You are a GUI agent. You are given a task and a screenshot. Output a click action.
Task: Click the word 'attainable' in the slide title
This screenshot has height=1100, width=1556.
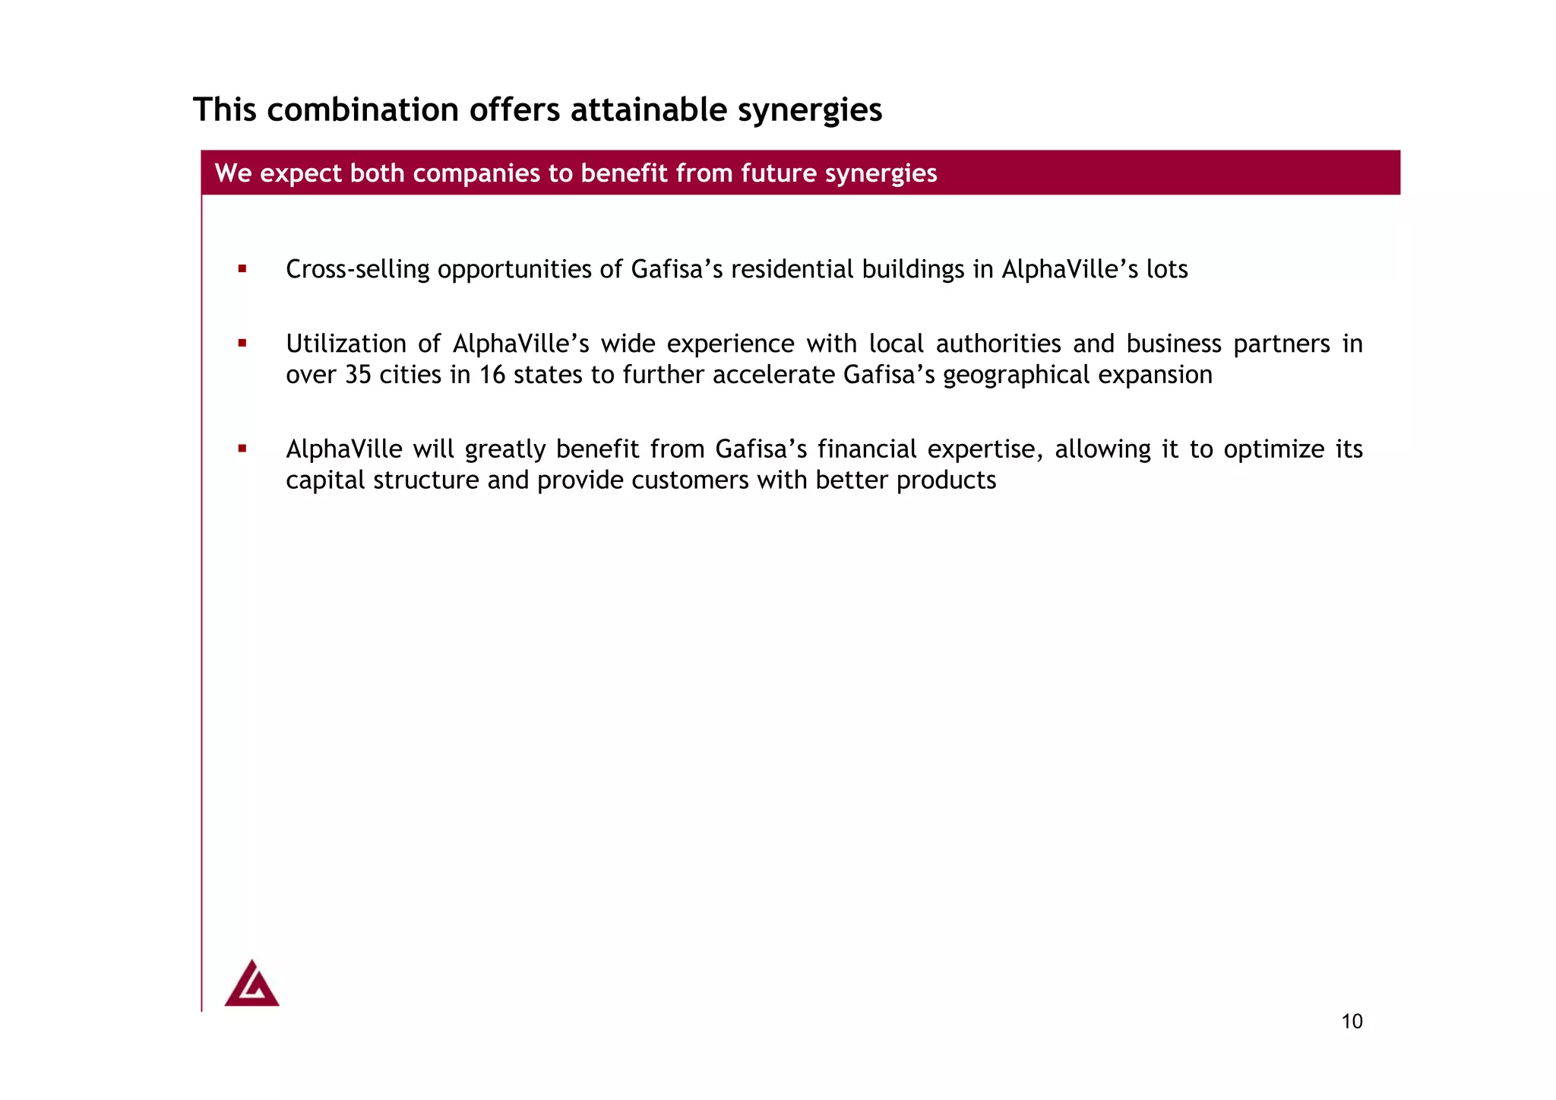coord(649,109)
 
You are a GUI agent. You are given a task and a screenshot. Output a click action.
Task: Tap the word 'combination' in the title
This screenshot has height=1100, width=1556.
coord(362,109)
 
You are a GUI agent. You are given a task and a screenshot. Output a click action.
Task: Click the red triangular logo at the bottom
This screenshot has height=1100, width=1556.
coord(251,984)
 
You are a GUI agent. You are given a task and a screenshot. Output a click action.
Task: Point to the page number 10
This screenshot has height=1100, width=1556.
coord(1352,1022)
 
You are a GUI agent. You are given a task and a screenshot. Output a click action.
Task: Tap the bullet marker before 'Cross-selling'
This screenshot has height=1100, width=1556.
coord(242,268)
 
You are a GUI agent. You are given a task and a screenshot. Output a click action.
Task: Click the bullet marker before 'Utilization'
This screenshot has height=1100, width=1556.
coord(242,344)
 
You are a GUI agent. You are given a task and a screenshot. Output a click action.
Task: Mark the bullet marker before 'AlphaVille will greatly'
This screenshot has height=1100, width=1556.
coord(242,449)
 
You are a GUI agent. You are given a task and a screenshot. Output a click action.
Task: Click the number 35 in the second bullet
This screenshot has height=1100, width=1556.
coord(358,375)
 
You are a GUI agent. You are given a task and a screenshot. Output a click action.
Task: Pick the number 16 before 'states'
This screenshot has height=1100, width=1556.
coord(492,375)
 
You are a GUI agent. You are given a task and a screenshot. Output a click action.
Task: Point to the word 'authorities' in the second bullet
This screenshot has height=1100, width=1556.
coord(998,344)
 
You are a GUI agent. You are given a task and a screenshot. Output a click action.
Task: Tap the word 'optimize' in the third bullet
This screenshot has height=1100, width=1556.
coord(1273,449)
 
